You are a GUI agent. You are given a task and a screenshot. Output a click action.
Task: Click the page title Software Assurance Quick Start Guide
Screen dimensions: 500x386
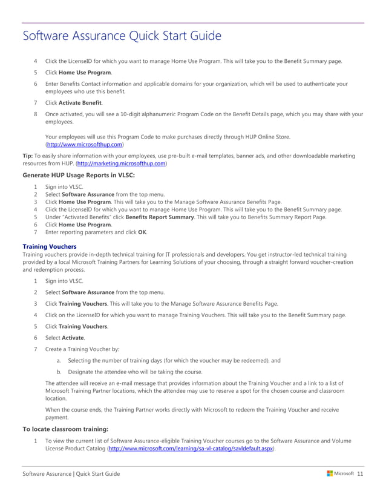(122, 36)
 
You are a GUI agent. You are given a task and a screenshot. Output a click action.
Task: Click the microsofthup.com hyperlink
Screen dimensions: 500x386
(85, 145)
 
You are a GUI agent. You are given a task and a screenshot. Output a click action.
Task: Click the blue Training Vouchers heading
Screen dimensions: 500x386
(50, 246)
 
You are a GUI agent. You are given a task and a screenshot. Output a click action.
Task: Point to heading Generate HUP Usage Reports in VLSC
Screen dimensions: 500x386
(79, 175)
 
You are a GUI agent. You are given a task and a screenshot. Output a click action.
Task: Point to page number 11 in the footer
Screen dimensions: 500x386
(360, 473)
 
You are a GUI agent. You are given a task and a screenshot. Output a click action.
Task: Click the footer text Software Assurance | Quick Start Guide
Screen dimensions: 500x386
(71, 473)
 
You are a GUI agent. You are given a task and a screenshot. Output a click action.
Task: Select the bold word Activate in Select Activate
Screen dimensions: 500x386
(73, 337)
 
